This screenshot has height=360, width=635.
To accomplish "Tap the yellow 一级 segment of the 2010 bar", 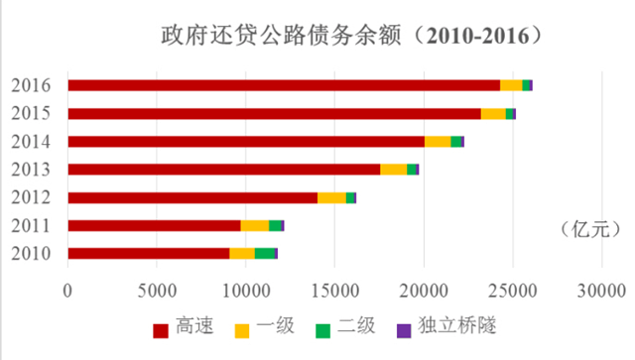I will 242,254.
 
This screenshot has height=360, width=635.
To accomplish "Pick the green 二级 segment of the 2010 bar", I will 265,254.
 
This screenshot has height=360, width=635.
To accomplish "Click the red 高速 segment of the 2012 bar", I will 192,197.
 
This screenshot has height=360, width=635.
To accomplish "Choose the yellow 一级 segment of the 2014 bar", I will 438,142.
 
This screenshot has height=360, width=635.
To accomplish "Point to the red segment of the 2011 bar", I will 154,226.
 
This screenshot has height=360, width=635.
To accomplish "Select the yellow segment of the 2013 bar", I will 394,170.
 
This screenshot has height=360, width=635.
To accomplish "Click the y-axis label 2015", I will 32,113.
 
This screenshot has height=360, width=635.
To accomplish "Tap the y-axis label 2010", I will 32,254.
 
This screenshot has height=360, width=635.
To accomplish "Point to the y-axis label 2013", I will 32,170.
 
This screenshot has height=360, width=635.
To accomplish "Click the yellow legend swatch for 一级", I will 241,329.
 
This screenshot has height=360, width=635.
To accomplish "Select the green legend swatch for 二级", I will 323,329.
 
